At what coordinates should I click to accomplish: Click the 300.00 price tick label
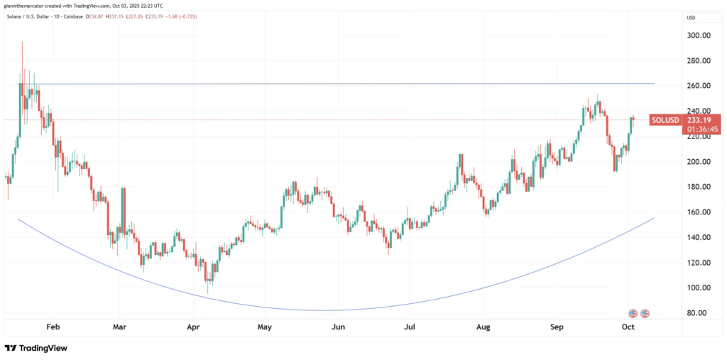[700, 36]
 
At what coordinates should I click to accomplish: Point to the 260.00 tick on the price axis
[700, 86]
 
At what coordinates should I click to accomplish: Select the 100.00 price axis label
[700, 288]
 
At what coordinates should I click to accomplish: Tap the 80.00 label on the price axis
[700, 313]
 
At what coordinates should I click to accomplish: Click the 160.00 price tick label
[700, 212]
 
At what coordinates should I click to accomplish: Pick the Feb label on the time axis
[52, 328]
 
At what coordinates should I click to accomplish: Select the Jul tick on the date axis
[410, 328]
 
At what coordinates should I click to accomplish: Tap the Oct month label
[628, 328]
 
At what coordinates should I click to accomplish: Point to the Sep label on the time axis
[557, 328]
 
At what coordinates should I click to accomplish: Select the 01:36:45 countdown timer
[701, 130]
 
